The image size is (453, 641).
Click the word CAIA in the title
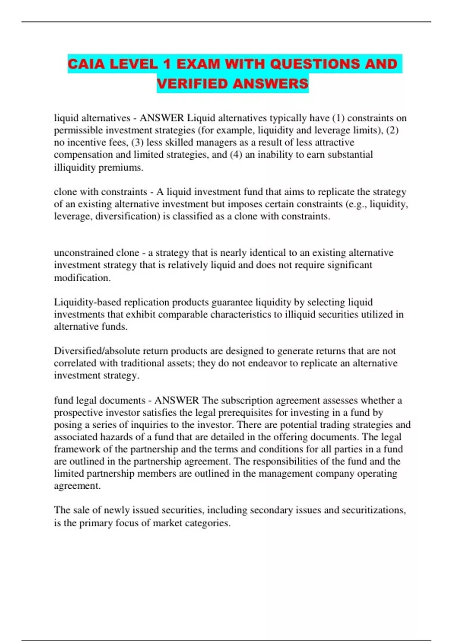(x=86, y=64)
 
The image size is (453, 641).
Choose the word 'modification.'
(x=82, y=278)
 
